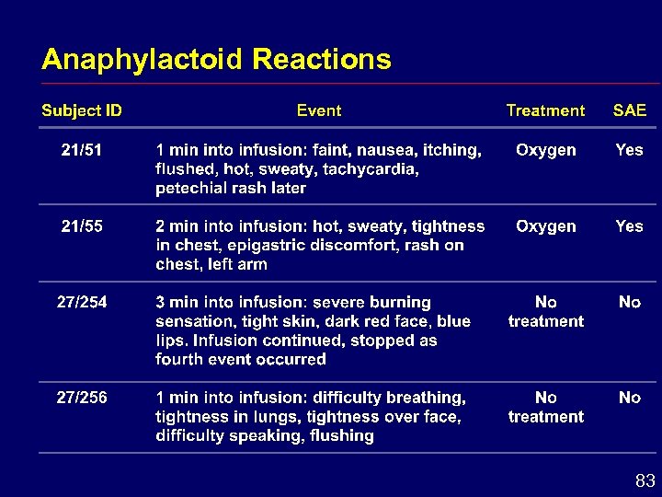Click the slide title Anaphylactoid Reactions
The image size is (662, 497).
click(x=216, y=60)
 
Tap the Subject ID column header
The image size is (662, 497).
click(x=82, y=111)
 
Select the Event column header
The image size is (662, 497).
click(x=318, y=111)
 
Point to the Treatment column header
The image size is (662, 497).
click(x=545, y=111)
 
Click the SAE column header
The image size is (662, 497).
click(x=630, y=111)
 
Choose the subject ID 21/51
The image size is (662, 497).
click(x=82, y=150)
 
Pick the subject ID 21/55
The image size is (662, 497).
click(x=82, y=226)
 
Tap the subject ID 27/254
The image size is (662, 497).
click(x=82, y=303)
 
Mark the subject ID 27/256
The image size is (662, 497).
click(x=82, y=398)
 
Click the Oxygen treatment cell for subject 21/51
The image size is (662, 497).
click(x=546, y=150)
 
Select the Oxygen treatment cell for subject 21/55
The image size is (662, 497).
click(x=546, y=226)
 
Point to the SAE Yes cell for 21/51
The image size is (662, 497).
click(x=630, y=150)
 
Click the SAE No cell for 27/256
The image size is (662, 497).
click(x=630, y=398)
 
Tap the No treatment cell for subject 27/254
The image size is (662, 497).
click(x=546, y=312)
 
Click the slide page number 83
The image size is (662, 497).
click(x=645, y=480)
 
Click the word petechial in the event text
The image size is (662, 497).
click(x=190, y=189)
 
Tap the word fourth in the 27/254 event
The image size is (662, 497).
click(x=178, y=360)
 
